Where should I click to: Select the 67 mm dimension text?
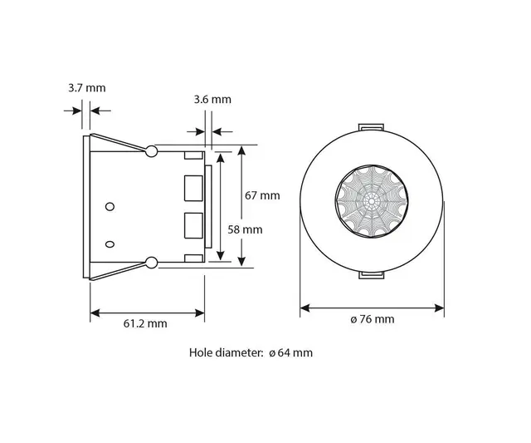pyautogui.click(x=263, y=196)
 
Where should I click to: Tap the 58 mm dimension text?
pyautogui.click(x=246, y=229)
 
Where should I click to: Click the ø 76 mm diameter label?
pyautogui.click(x=373, y=319)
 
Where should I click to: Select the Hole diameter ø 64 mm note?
pyautogui.click(x=251, y=352)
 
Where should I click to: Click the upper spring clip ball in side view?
pyautogui.click(x=151, y=150)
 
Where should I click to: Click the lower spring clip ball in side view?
pyautogui.click(x=151, y=263)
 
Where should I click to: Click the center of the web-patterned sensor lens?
pyautogui.click(x=372, y=204)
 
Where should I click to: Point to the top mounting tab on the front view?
pyautogui.click(x=372, y=127)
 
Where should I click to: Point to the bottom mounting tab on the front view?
pyautogui.click(x=372, y=276)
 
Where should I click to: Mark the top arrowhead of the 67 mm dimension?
pyautogui.click(x=242, y=150)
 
